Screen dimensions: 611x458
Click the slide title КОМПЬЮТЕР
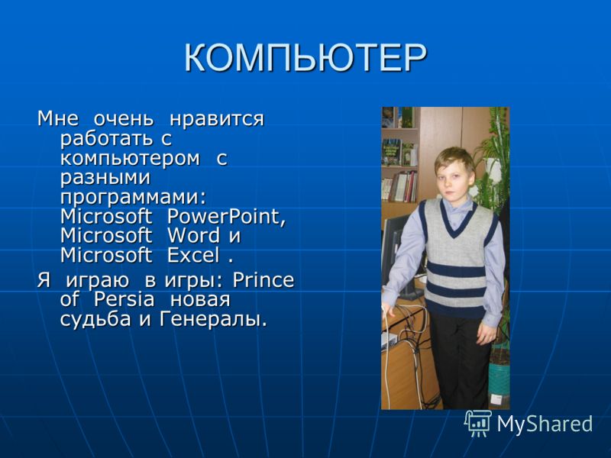pyautogui.click(x=305, y=58)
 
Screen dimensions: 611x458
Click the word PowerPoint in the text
pyautogui.click(x=226, y=217)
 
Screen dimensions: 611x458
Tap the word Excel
pyautogui.click(x=193, y=255)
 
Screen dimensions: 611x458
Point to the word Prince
pyautogui.click(x=263, y=279)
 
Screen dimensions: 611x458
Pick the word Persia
pyautogui.click(x=124, y=299)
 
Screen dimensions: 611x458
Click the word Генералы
pyautogui.click(x=213, y=319)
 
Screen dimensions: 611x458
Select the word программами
pyautogui.click(x=133, y=198)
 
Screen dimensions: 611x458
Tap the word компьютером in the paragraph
pyautogui.click(x=130, y=158)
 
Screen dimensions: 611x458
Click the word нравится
pyautogui.click(x=217, y=119)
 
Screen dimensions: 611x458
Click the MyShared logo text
pyautogui.click(x=545, y=424)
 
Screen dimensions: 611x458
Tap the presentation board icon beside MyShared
pyautogui.click(x=478, y=423)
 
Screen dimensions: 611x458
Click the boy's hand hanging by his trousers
pyautogui.click(x=486, y=334)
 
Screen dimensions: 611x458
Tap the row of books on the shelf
pyautogui.click(x=399, y=186)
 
